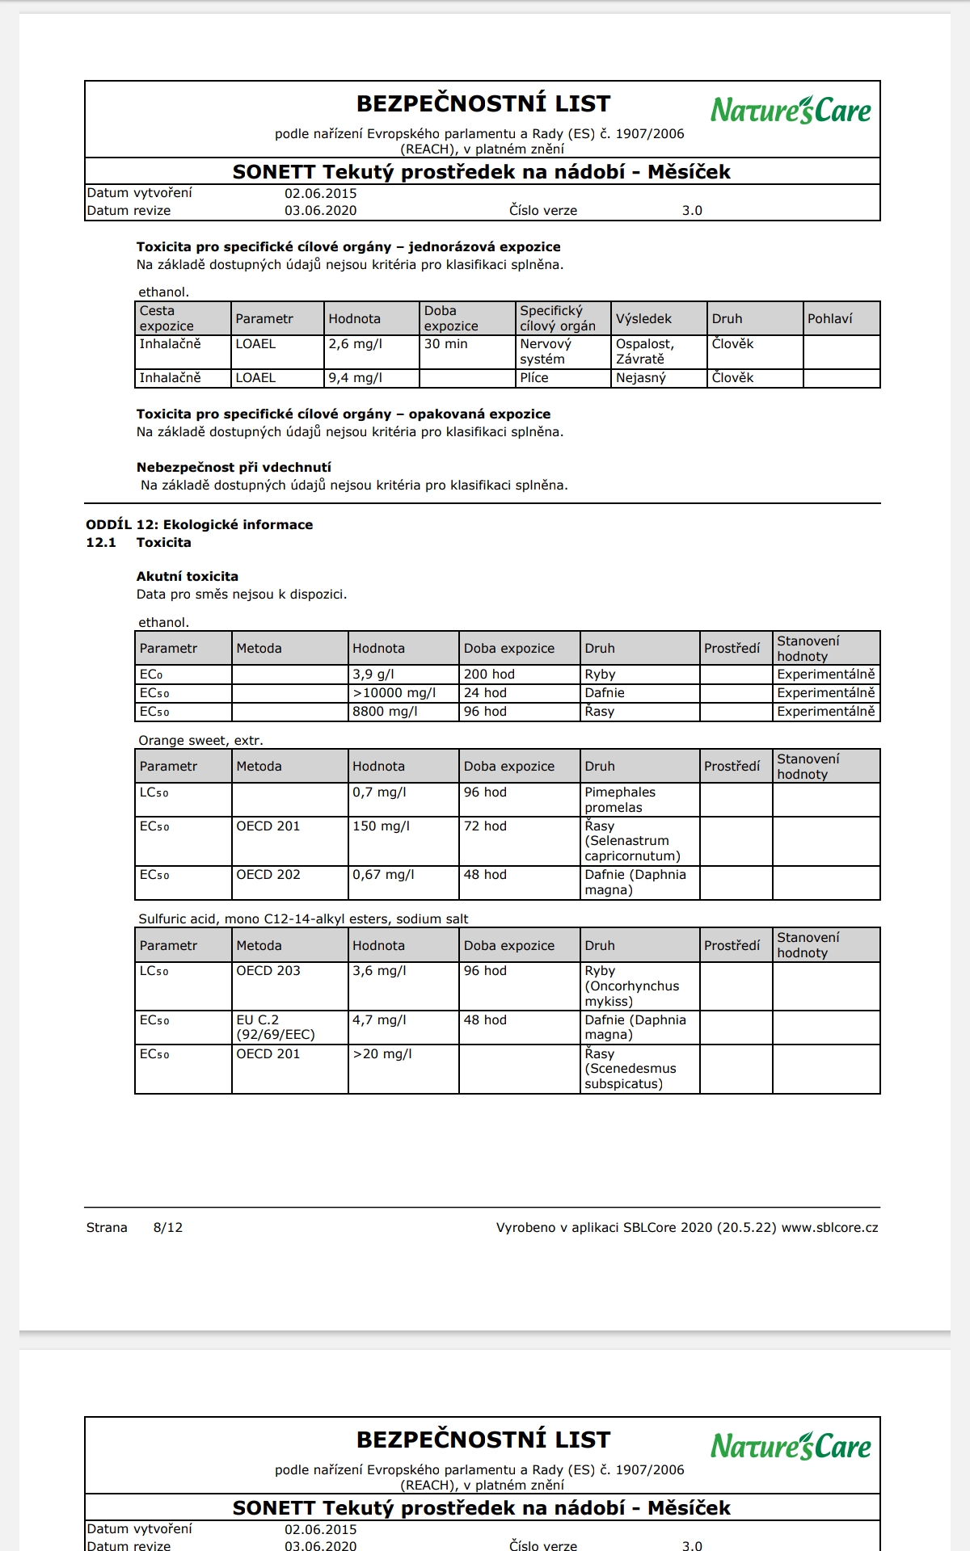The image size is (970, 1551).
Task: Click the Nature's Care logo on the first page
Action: pyautogui.click(x=791, y=110)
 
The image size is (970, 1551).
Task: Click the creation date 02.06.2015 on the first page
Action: pyautogui.click(x=320, y=193)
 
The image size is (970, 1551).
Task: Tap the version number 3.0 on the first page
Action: pyautogui.click(x=692, y=210)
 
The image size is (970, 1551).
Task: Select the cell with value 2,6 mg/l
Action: pyautogui.click(x=356, y=344)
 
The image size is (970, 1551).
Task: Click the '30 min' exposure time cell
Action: pyautogui.click(x=446, y=344)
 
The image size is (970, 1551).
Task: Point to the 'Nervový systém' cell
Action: pyautogui.click(x=546, y=351)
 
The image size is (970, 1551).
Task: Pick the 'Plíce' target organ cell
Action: pyautogui.click(x=534, y=378)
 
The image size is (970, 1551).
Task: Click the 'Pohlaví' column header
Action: pyautogui.click(x=829, y=318)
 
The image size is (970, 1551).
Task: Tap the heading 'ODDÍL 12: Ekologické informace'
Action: pyautogui.click(x=199, y=524)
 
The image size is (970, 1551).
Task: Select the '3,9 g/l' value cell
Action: pyautogui.click(x=373, y=674)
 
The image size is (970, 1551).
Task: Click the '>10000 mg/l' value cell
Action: pyautogui.click(x=394, y=692)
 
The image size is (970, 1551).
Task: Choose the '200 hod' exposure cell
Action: pyautogui.click(x=489, y=674)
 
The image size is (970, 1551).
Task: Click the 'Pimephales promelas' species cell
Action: pyautogui.click(x=620, y=800)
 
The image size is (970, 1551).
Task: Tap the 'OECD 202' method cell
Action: pyautogui.click(x=268, y=874)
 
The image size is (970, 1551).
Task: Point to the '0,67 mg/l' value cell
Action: pyautogui.click(x=383, y=874)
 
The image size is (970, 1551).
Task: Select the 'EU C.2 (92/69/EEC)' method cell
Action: pyautogui.click(x=276, y=1027)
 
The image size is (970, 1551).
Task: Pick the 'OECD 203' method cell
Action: pyautogui.click(x=268, y=970)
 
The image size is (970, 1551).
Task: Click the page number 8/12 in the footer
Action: pyautogui.click(x=168, y=1227)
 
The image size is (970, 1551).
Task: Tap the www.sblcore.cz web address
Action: pyautogui.click(x=829, y=1227)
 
